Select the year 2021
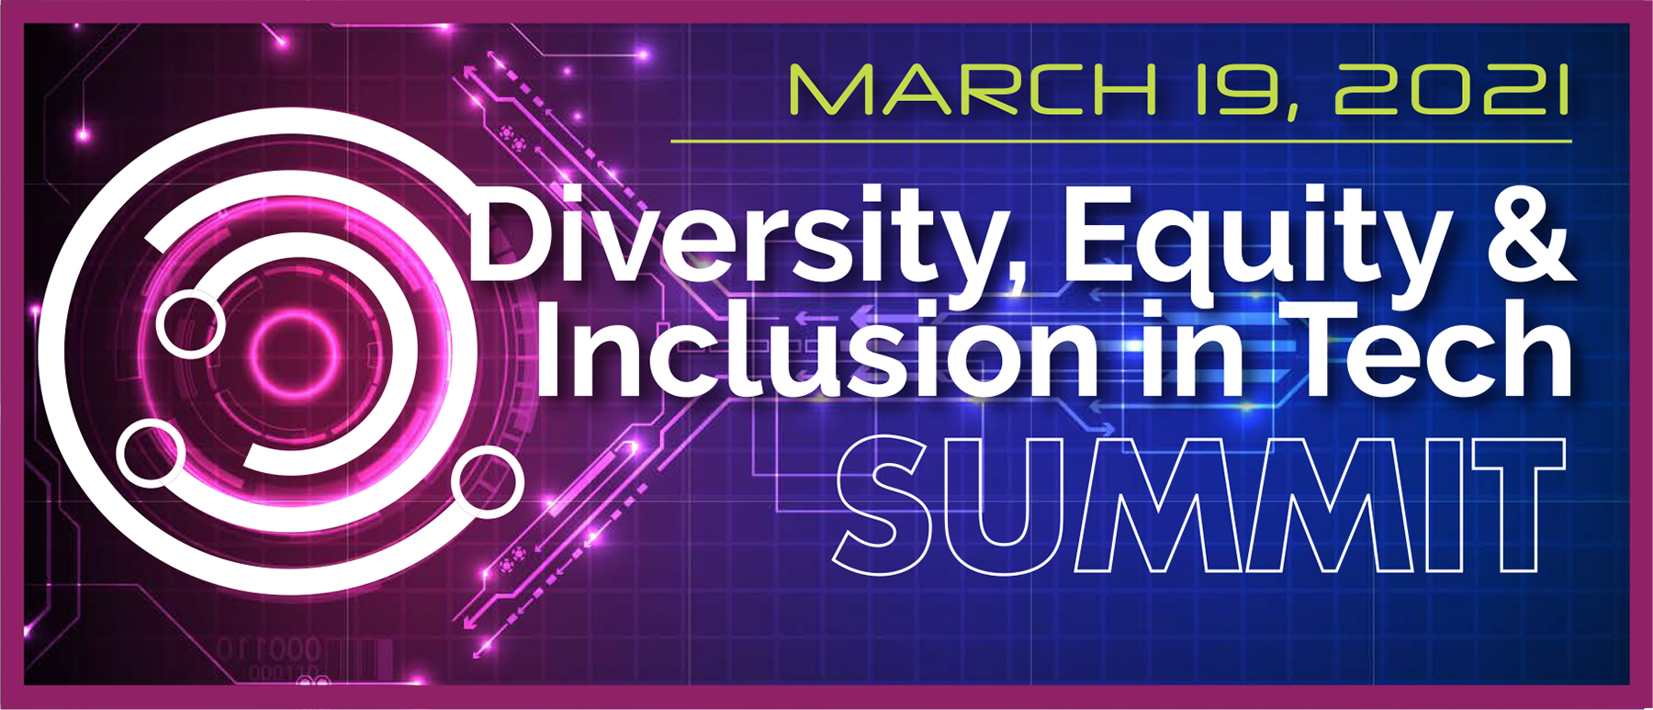(x=1452, y=91)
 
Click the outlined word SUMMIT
(x=1198, y=504)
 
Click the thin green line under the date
(x=1120, y=141)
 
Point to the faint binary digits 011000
(x=269, y=649)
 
